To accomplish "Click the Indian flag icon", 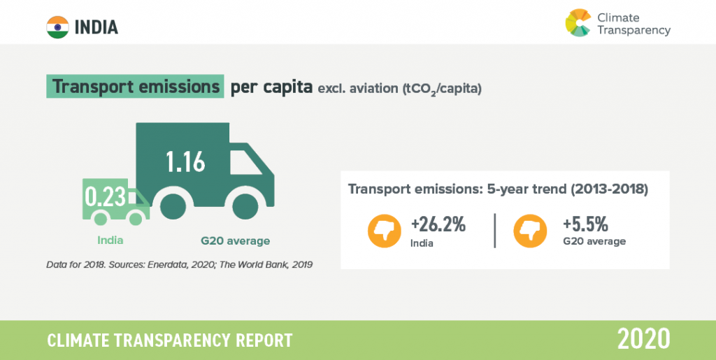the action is click(x=57, y=27).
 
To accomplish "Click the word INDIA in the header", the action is click(x=96, y=28).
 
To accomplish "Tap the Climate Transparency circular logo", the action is click(x=578, y=23).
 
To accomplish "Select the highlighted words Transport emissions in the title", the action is click(x=135, y=86).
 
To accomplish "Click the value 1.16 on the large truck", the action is click(x=185, y=161).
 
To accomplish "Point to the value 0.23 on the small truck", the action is click(x=106, y=196).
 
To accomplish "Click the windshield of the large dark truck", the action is click(x=245, y=162).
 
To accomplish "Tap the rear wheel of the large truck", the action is click(x=173, y=206).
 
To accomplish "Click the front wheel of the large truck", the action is click(x=245, y=206).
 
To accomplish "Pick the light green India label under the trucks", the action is click(x=110, y=240).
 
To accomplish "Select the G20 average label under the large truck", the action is click(x=235, y=240).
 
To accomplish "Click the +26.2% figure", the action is click(x=438, y=224).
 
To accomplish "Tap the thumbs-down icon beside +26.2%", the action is click(x=385, y=231).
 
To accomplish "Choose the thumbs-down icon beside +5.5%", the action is click(x=530, y=231).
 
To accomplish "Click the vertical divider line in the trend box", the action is click(x=495, y=231).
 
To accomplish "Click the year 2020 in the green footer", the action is click(x=644, y=340).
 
